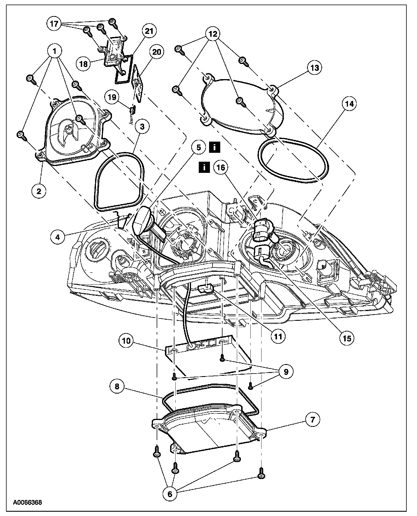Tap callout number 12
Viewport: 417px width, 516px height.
coord(212,34)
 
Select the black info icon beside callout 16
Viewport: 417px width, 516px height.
coord(204,167)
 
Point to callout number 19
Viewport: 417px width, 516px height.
coord(112,97)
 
